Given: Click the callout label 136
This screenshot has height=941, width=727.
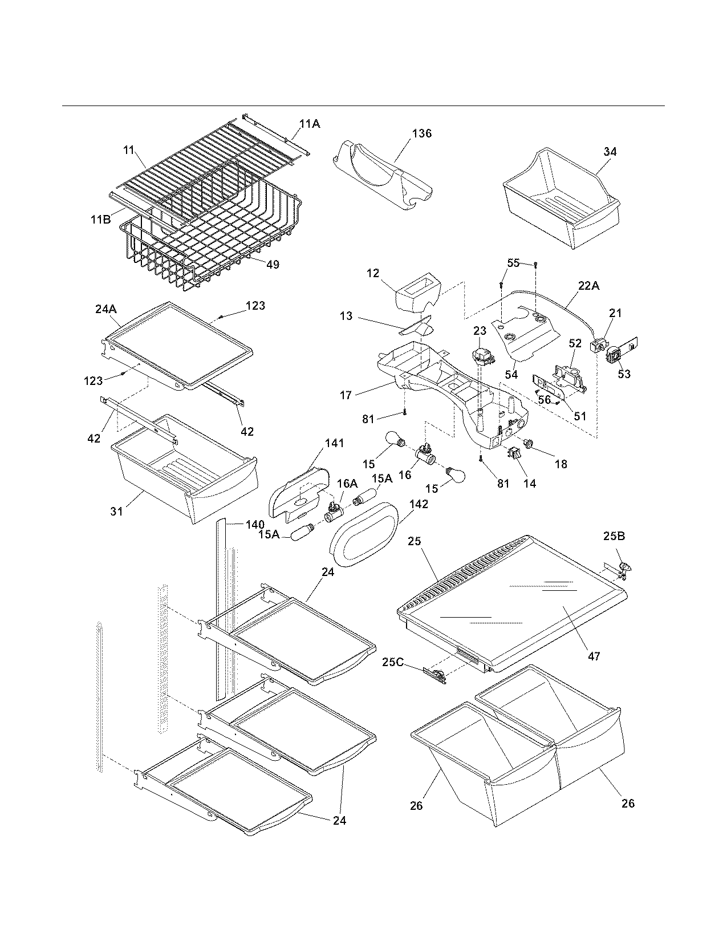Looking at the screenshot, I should point(422,133).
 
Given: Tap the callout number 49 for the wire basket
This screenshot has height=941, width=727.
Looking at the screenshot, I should point(273,264).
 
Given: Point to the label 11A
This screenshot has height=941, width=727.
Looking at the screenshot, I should point(310,123).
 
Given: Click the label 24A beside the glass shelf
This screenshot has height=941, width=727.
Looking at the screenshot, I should point(105,309).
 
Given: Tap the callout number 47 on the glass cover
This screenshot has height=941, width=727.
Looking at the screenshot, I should point(594,656).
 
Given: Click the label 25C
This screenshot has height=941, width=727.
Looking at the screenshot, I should point(393,662).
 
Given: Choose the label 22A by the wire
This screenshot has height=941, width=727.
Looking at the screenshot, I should point(588,286).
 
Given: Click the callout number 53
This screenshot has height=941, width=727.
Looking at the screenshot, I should point(624,374).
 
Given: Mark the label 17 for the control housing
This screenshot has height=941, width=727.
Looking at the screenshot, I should point(346,395).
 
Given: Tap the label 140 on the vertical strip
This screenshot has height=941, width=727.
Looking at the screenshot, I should point(255,525).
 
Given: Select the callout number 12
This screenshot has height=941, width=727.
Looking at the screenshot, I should point(373,274).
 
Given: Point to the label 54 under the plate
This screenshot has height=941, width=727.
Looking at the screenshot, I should point(511,374).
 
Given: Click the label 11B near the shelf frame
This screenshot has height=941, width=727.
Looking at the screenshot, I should point(100,218).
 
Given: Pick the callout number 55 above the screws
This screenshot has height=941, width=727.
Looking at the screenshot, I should point(514,262).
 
